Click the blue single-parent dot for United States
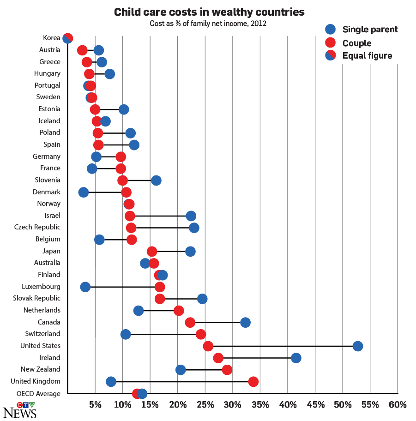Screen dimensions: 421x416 pos(358,346)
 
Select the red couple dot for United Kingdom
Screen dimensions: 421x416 pos(253,382)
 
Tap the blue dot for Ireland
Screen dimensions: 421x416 pos(296,358)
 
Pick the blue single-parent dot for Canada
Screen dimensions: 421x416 pos(246,322)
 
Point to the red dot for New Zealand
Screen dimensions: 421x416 pos(227,370)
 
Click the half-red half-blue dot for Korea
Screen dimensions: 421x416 pos(68,38)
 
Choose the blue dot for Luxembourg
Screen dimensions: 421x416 pos(85,287)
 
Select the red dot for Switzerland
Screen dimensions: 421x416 pos(201,334)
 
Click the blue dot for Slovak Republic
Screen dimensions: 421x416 pos(202,299)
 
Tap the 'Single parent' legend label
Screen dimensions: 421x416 pos(370,30)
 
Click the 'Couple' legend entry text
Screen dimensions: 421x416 pos(357,43)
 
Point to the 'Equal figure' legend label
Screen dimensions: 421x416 pos(367,56)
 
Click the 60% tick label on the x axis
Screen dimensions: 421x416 pos(398,405)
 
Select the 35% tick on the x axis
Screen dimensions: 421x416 pos(260,405)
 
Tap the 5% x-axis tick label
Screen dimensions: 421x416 pos(95,405)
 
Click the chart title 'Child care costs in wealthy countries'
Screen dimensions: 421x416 pos(209,12)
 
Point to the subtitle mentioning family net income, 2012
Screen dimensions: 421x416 pos(208,23)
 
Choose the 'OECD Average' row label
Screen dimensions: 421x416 pos(38,394)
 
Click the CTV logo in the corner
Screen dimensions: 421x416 pos(26,405)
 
